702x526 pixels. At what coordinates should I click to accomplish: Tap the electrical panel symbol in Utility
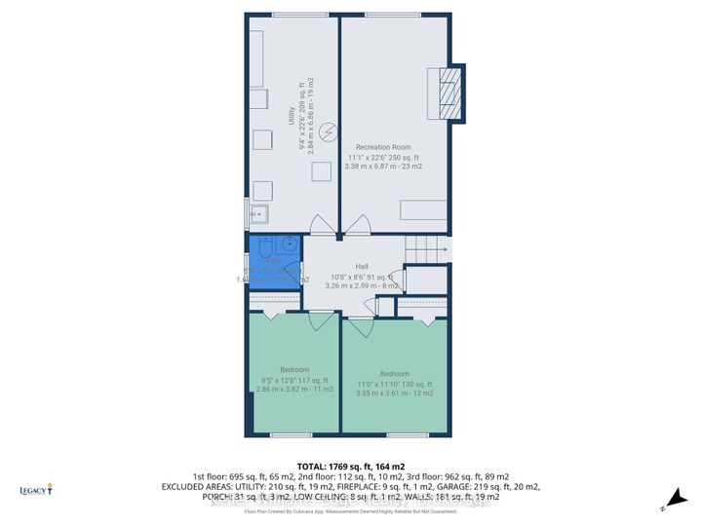pyautogui.click(x=330, y=130)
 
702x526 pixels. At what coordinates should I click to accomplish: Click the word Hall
pyautogui.click(x=362, y=266)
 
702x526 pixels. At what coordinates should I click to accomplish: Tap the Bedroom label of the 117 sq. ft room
pyautogui.click(x=294, y=369)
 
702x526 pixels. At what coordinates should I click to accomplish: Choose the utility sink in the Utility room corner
pyautogui.click(x=258, y=214)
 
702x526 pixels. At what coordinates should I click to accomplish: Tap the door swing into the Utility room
pyautogui.click(x=322, y=225)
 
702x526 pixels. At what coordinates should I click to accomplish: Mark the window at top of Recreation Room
pyautogui.click(x=394, y=14)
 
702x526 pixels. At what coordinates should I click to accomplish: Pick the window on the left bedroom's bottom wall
pyautogui.click(x=292, y=434)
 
